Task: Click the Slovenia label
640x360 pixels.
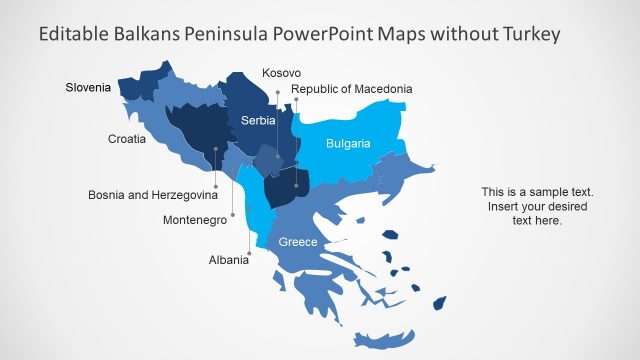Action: (x=88, y=88)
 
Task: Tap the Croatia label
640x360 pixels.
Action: (x=127, y=139)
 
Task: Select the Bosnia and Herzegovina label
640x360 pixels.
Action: (x=153, y=194)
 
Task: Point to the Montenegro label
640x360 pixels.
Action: (x=195, y=220)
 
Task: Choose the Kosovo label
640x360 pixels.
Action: (x=281, y=73)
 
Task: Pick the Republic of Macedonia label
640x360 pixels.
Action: (x=351, y=90)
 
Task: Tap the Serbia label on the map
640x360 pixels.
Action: (x=258, y=120)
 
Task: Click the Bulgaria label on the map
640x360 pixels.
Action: (x=348, y=144)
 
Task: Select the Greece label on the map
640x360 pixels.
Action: (x=298, y=242)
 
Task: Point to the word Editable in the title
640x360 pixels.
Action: (x=74, y=35)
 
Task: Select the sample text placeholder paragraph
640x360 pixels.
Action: (x=538, y=206)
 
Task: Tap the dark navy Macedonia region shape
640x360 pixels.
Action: (x=281, y=187)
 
